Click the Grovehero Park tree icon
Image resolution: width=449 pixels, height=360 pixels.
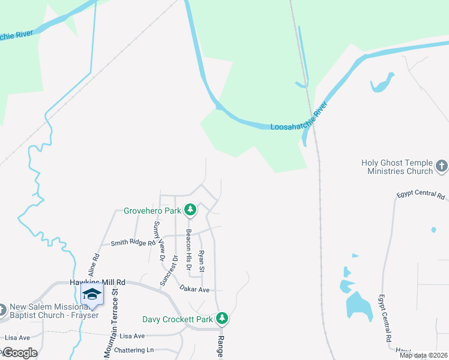pyautogui.click(x=190, y=209)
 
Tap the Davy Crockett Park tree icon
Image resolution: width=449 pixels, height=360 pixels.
pyautogui.click(x=222, y=317)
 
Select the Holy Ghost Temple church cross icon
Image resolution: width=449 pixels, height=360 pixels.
pyautogui.click(x=441, y=165)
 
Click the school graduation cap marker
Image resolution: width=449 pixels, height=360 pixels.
pyautogui.click(x=92, y=294)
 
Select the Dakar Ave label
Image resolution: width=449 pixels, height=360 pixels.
pyautogui.click(x=194, y=289)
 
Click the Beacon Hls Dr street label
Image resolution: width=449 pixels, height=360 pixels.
pyautogui.click(x=188, y=249)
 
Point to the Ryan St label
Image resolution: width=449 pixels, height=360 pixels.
pyautogui.click(x=202, y=261)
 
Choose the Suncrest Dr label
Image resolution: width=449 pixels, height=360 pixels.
pyautogui.click(x=169, y=270)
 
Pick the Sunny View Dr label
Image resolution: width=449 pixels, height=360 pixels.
pyautogui.click(x=158, y=241)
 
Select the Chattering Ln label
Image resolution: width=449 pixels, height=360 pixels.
pyautogui.click(x=136, y=350)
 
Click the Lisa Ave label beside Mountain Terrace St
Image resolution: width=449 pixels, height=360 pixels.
pyautogui.click(x=132, y=336)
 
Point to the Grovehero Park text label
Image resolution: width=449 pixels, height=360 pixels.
pyautogui.click(x=152, y=211)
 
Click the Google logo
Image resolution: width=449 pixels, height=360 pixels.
pyautogui.click(x=19, y=353)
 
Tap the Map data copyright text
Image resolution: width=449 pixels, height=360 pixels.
pyautogui.click(x=423, y=355)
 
